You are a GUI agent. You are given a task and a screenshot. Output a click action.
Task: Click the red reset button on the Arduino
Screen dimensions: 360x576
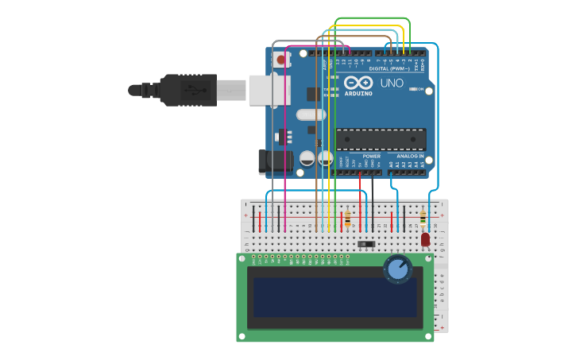pos(280,60)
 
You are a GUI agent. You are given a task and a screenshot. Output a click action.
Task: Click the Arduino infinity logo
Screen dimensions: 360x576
pos(358,83)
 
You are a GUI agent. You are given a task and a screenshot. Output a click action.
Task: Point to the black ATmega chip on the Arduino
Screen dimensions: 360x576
pos(381,139)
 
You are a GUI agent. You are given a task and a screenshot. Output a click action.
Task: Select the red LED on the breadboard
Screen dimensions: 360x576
pos(425,238)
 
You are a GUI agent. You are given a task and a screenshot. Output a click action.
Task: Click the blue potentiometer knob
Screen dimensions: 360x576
pos(397,269)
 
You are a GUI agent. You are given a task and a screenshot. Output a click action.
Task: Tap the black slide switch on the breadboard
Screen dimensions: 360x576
pos(365,244)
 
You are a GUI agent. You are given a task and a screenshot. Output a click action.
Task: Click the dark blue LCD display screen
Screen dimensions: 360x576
pos(334,296)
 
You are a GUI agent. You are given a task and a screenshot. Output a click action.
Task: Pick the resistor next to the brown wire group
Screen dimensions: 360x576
pos(348,217)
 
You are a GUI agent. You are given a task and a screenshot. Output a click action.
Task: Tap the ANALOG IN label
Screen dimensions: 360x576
pos(409,157)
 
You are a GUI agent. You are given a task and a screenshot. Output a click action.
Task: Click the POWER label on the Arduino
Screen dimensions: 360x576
pos(371,157)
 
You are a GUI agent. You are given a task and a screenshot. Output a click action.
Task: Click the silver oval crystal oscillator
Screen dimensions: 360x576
pos(311,114)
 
